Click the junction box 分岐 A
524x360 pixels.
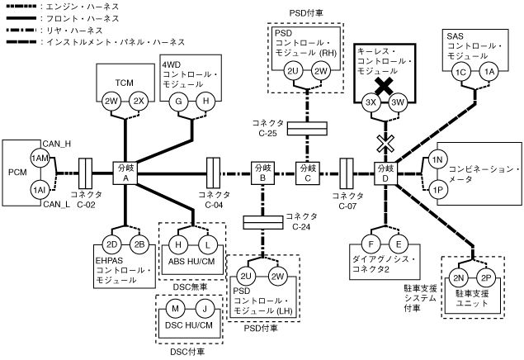click(x=125, y=173)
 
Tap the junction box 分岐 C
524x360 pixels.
click(x=307, y=173)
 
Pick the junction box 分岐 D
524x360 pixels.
click(x=386, y=173)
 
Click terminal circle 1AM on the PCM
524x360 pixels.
click(x=38, y=158)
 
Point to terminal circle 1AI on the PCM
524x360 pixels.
click(x=38, y=189)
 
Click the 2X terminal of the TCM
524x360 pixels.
click(x=139, y=101)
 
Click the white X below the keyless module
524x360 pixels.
click(x=383, y=143)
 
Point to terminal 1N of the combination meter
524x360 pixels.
click(x=438, y=158)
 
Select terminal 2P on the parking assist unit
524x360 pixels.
click(x=487, y=279)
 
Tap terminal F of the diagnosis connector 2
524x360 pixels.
click(x=371, y=244)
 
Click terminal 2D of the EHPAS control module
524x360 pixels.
click(x=111, y=244)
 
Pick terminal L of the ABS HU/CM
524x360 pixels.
click(x=206, y=244)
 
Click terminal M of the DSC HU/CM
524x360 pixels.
click(x=175, y=310)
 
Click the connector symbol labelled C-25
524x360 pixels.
click(x=307, y=129)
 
